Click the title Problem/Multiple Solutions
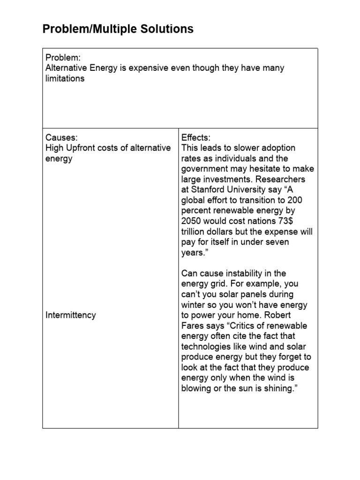point(118,29)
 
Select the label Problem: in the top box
point(63,58)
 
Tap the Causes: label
point(61,137)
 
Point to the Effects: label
point(196,137)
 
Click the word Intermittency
point(70,315)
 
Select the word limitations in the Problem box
point(65,79)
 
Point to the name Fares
point(193,326)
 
